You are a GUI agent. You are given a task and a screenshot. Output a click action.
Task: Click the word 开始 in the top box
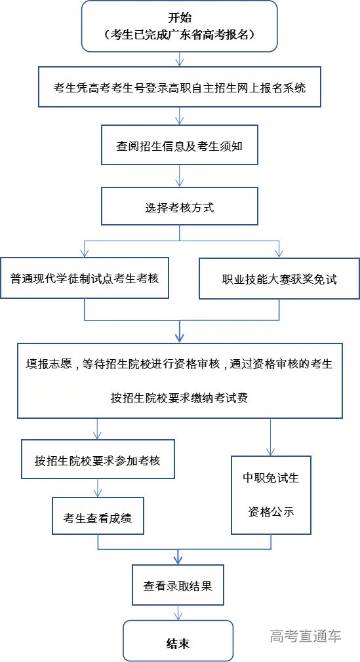179,18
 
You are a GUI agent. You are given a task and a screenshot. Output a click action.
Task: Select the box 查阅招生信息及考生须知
179,146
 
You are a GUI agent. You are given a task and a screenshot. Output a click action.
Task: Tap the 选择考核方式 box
179,208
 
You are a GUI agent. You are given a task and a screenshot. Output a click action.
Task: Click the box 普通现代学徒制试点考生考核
85,277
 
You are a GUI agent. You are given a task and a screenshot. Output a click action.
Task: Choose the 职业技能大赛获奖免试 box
279,278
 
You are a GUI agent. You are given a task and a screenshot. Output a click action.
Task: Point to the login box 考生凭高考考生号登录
179,87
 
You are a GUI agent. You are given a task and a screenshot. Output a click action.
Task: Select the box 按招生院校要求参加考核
98,460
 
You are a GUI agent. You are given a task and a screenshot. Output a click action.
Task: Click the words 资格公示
271,512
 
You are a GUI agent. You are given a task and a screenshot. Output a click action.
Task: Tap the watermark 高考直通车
306,635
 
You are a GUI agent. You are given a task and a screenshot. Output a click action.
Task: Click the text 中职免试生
271,478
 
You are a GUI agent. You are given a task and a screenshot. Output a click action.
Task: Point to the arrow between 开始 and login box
179,59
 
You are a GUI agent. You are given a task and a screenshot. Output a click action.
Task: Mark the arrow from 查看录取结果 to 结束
178,613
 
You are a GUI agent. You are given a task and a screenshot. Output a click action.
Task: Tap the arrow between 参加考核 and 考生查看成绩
98,488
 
